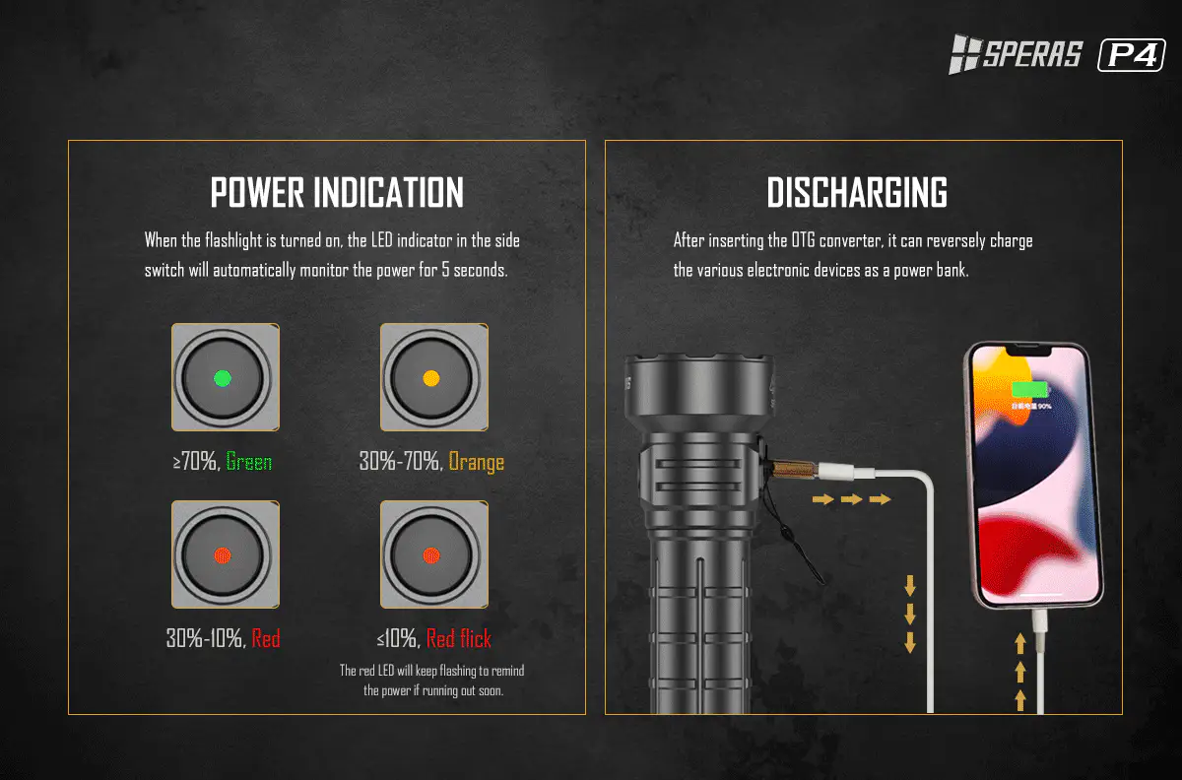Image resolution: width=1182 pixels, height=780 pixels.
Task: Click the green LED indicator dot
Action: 223,378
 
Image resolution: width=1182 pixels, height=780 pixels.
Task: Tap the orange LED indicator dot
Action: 431,378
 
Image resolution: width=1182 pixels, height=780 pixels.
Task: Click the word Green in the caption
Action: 248,461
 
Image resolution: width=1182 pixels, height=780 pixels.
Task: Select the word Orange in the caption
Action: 476,462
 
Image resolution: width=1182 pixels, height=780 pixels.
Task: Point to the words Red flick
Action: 459,638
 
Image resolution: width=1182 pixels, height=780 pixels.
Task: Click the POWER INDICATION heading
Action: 337,193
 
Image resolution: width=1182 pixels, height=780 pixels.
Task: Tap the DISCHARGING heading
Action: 857,193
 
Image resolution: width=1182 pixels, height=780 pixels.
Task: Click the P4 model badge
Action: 1132,55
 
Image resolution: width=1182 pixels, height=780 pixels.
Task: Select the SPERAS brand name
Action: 1032,54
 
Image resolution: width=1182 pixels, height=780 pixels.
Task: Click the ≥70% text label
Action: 194,461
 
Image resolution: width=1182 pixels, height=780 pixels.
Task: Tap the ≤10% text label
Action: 396,638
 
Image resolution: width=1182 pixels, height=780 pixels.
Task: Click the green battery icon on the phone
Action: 1029,390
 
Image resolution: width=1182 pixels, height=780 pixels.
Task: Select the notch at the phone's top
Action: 1028,350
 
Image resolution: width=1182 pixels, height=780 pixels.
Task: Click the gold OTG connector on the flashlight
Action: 794,468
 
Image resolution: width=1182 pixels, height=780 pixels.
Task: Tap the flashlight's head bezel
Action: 698,390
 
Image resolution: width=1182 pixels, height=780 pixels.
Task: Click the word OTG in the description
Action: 803,241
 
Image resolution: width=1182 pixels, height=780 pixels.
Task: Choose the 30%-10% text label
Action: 205,638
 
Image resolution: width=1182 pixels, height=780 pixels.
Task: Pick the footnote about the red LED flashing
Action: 432,681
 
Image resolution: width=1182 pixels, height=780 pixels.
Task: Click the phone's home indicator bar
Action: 1040,594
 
